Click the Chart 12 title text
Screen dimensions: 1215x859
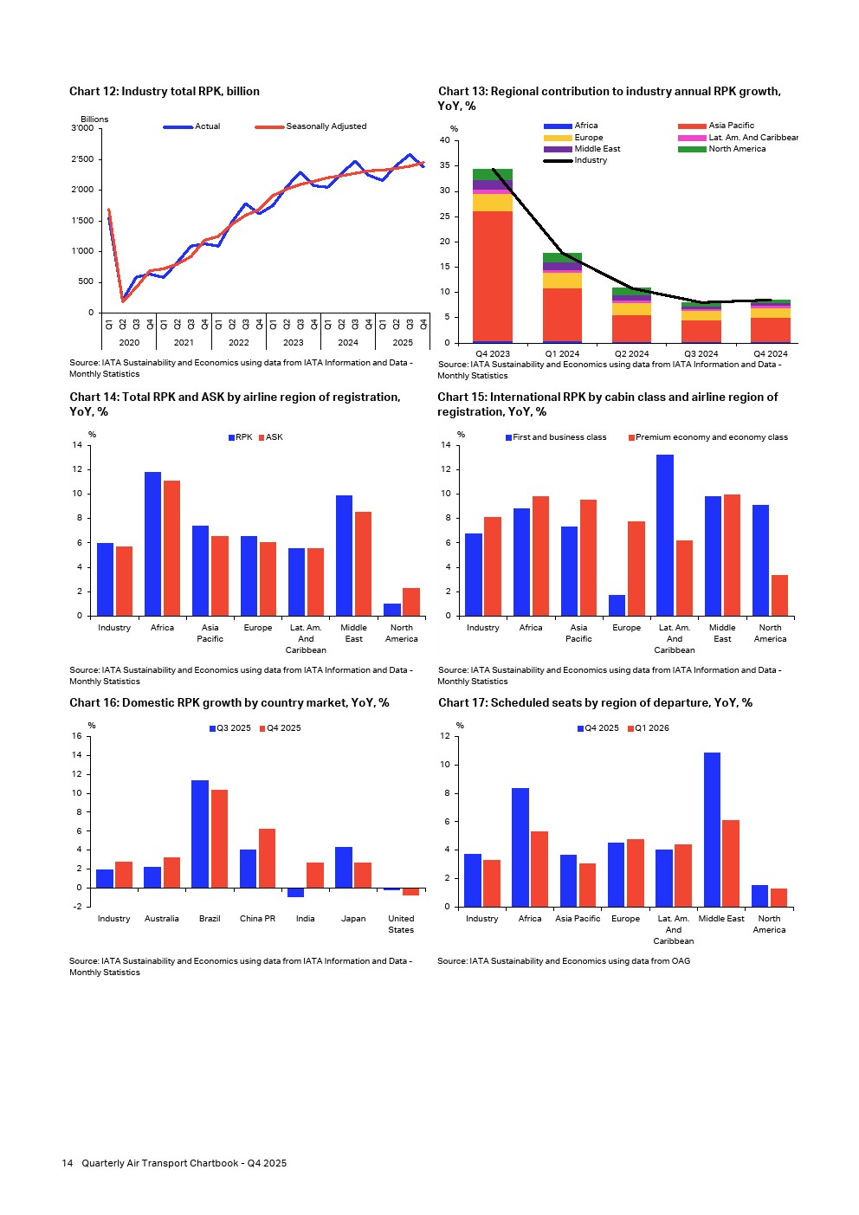(165, 92)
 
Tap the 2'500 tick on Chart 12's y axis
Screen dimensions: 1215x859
(83, 159)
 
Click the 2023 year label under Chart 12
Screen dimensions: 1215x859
(294, 343)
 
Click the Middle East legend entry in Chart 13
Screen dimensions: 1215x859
(597, 149)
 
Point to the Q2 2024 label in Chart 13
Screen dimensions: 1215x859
(631, 354)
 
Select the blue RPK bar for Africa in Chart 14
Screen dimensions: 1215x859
(152, 544)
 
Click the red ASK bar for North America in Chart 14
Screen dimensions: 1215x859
(410, 602)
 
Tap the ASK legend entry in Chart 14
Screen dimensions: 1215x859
(274, 437)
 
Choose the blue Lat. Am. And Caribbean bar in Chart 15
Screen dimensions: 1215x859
(665, 535)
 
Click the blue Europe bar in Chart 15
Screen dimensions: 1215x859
(617, 605)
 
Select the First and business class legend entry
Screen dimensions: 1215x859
(559, 437)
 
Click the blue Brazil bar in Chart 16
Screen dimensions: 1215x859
(200, 834)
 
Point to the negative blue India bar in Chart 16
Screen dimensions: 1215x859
(296, 893)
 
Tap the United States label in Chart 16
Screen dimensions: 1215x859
(401, 924)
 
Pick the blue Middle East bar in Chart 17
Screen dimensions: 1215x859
(712, 830)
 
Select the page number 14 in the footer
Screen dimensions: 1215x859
(68, 1163)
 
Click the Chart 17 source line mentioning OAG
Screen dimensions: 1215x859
(564, 961)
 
